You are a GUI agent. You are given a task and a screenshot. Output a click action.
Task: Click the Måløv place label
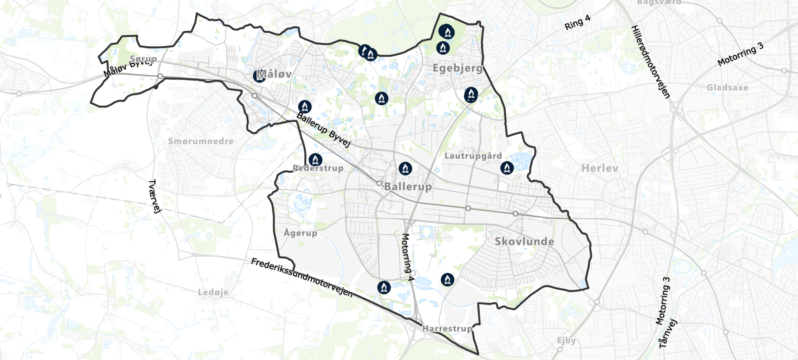[275, 74]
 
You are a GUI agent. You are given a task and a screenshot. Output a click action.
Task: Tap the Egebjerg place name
[457, 68]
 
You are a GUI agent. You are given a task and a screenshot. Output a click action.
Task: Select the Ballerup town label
[408, 186]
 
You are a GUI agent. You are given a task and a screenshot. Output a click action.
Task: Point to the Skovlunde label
[524, 241]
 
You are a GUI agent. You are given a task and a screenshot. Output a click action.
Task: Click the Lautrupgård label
[473, 156]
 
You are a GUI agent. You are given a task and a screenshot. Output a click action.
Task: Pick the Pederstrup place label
[318, 168]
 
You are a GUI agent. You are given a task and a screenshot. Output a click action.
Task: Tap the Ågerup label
[300, 233]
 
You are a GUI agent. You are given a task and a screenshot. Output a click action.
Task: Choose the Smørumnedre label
[201, 141]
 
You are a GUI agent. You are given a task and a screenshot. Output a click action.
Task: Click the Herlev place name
[600, 168]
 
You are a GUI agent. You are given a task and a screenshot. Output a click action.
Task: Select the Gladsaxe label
[727, 87]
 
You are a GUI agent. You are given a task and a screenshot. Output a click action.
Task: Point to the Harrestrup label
[447, 328]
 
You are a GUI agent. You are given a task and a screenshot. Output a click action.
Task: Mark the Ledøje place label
[213, 292]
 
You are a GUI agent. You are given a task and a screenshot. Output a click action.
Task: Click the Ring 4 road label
[577, 22]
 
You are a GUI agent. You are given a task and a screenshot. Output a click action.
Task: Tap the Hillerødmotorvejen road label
[650, 62]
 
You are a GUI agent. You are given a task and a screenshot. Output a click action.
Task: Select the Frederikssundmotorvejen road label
[302, 278]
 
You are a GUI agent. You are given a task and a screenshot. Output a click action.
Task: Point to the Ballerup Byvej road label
[324, 130]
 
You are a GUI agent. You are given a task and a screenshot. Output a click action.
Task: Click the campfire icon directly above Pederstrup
[315, 160]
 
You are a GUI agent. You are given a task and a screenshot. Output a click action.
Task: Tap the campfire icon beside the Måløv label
[259, 75]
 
